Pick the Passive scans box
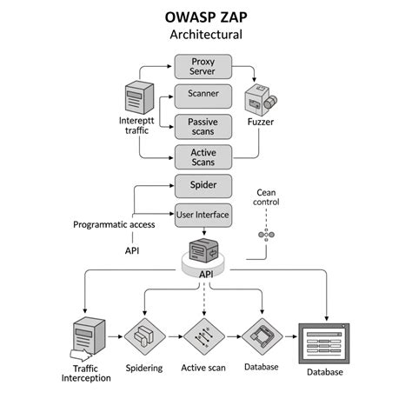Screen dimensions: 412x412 203,126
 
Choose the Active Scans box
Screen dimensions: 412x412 203,156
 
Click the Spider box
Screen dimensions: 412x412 203,185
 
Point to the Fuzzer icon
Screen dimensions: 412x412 260,101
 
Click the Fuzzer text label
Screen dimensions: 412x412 260,124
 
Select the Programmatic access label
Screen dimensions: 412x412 115,224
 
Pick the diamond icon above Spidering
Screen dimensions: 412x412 144,335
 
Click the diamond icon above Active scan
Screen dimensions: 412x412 203,335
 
